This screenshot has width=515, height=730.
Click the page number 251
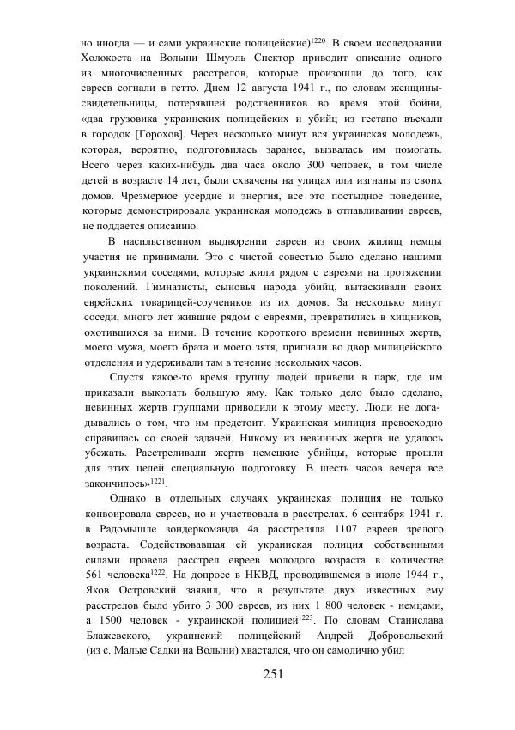(x=273, y=674)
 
